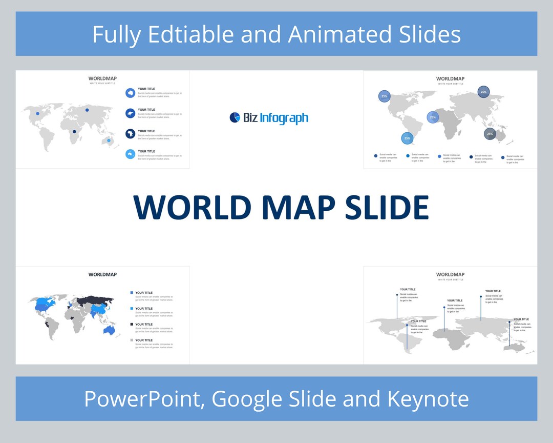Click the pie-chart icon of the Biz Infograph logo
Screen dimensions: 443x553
click(x=235, y=117)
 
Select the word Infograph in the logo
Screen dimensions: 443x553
click(x=284, y=118)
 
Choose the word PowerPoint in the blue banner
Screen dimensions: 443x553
click(x=144, y=398)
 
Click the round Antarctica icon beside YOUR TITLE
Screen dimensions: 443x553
click(x=130, y=93)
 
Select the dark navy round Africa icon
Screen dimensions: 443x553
click(x=130, y=134)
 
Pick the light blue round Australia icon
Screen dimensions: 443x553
click(x=130, y=154)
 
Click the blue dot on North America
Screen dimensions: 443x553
click(x=37, y=114)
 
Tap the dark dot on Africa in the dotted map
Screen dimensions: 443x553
click(x=74, y=132)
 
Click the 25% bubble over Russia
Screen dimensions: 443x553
click(x=483, y=92)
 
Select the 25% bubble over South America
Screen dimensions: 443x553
click(x=407, y=138)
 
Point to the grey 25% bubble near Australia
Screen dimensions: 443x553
click(x=490, y=134)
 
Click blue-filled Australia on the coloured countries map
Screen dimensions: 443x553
click(x=109, y=331)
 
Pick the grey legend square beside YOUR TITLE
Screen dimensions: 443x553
click(x=132, y=340)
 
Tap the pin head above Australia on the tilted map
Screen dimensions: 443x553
click(x=509, y=322)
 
